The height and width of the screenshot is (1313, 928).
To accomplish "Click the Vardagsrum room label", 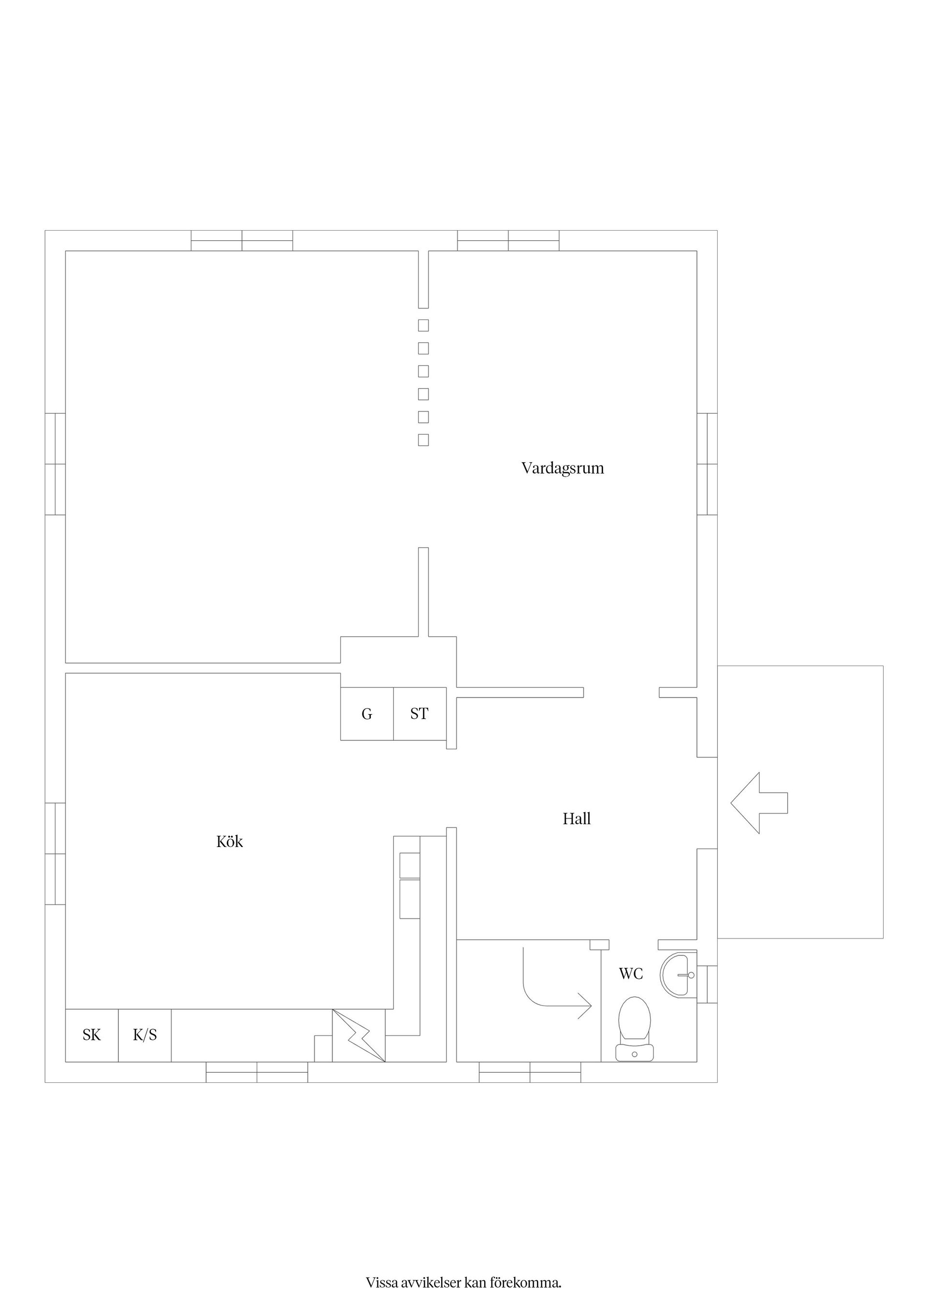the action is [x=563, y=468].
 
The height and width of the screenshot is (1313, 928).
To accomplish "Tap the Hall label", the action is [x=576, y=819].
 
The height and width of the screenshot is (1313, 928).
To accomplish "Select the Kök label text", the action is [x=229, y=841].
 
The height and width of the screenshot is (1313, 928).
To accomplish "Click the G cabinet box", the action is [x=367, y=714].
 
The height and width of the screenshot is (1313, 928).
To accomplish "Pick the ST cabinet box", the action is [x=420, y=714].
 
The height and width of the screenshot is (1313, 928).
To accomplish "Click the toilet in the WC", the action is [x=634, y=1029].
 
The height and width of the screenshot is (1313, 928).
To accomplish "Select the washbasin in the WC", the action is [x=678, y=975].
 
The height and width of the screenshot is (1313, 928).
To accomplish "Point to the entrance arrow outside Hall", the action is [x=759, y=803].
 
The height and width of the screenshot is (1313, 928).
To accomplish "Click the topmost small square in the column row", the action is [x=423, y=325].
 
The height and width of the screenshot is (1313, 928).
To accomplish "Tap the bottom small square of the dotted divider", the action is [x=423, y=440].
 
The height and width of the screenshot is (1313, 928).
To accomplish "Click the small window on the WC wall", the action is [x=707, y=984].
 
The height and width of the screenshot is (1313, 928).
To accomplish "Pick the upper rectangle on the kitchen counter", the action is [x=409, y=865].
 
